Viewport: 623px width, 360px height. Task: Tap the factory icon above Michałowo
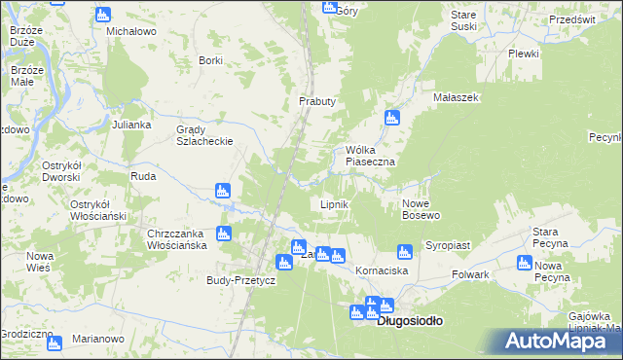104,15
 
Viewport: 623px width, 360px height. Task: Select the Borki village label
210,60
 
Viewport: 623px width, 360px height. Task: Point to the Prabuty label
316,101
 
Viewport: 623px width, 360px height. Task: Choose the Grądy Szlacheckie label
203,135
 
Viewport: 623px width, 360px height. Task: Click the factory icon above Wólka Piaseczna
392,119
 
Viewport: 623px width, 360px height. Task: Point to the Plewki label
523,54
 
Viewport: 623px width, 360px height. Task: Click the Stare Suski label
464,21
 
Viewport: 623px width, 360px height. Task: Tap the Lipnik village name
335,205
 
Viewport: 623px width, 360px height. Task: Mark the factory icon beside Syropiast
406,251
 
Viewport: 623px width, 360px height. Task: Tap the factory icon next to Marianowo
53,342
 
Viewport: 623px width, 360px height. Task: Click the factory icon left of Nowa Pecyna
525,266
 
